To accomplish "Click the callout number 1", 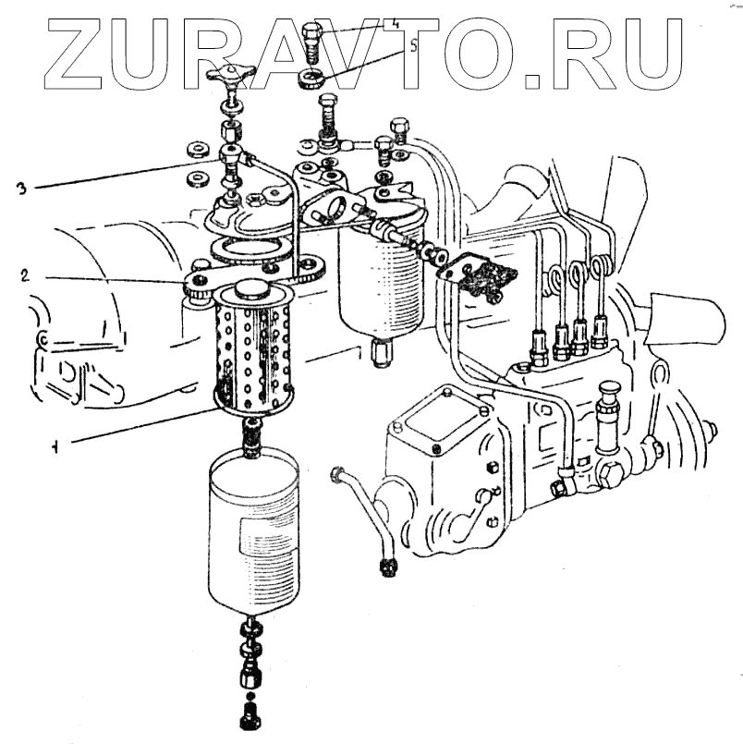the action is coord(56,447).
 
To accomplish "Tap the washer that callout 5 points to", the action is coord(312,76).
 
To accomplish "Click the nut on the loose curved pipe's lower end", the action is coord(386,562).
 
